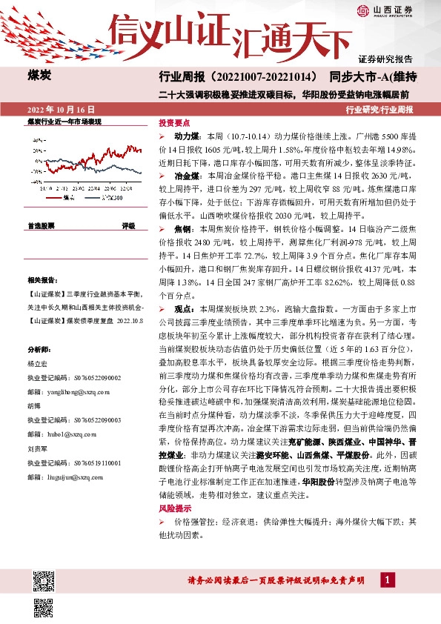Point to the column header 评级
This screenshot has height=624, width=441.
pos(129,225)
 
